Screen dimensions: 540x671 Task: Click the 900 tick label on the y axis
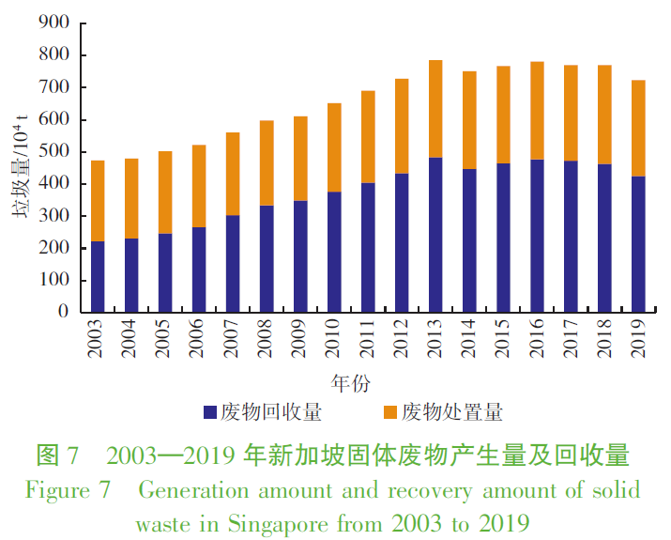tap(53, 23)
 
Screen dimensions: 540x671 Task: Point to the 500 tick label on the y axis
tap(53, 152)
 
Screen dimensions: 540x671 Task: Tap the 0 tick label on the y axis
tap(63, 312)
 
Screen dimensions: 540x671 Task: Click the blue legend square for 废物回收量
tap(210, 412)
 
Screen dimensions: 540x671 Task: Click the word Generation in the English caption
tap(187, 491)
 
